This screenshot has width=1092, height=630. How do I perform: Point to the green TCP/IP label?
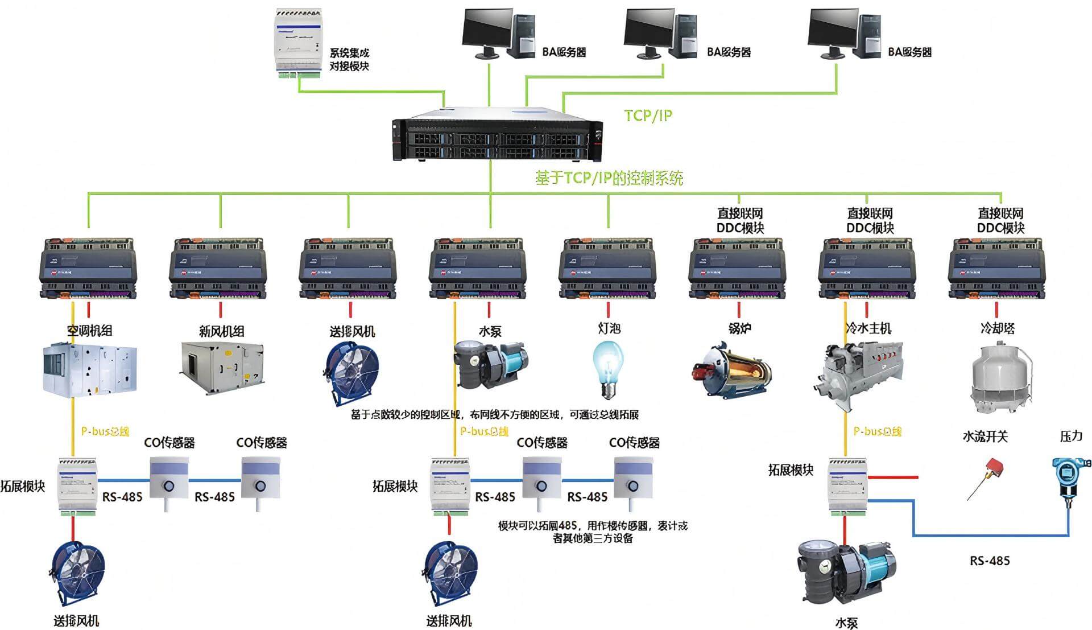click(648, 116)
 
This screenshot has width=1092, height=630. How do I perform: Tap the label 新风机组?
click(221, 331)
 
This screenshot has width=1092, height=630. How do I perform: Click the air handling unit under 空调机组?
click(90, 369)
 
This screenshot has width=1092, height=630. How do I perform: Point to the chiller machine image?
click(859, 373)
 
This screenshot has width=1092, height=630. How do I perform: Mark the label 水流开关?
click(985, 437)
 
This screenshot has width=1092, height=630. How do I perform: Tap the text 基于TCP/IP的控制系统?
click(609, 178)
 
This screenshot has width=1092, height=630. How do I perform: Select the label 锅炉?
click(739, 328)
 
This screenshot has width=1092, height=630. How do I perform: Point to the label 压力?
click(1071, 437)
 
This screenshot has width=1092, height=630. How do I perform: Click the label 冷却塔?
click(998, 328)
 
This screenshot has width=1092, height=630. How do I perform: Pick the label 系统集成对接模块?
click(349, 59)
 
